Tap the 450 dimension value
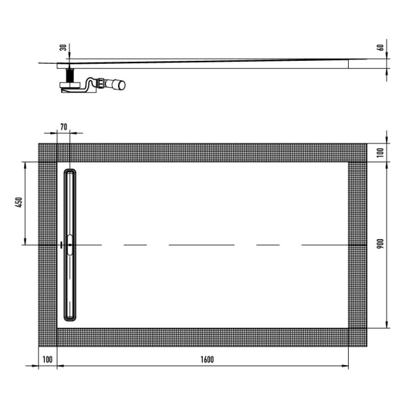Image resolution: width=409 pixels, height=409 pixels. [x=19, y=202]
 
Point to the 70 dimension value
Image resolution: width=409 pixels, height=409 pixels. [x=64, y=126]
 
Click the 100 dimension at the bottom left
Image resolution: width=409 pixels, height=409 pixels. [x=47, y=360]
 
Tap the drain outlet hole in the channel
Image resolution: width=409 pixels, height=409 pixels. [x=70, y=245]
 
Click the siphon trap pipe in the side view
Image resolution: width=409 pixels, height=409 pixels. [x=93, y=85]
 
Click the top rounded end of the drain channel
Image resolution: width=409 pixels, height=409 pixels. [x=70, y=172]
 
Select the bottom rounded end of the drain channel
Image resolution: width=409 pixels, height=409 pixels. [x=70, y=318]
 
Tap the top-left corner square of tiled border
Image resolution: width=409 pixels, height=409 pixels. [x=48, y=152]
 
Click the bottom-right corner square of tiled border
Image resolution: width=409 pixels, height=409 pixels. [x=358, y=337]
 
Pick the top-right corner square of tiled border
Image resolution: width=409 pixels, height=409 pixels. [x=358, y=152]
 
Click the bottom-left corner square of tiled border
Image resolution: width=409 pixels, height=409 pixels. [x=48, y=337]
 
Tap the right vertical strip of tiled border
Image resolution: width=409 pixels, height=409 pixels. [x=358, y=245]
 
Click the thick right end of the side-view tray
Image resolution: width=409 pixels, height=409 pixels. [x=356, y=64]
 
